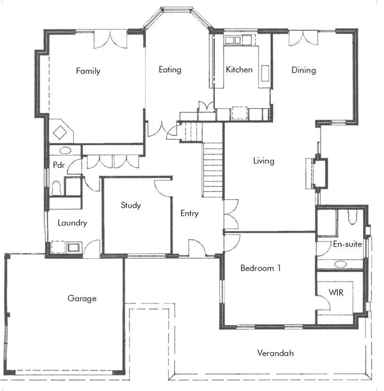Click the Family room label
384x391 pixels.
point(88,71)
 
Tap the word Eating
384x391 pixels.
point(170,70)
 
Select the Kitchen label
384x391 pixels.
point(239,70)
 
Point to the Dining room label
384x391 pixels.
point(304,70)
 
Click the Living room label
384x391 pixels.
point(264,161)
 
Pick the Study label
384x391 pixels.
point(131,205)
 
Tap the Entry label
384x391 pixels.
point(189,214)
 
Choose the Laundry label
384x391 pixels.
point(72,223)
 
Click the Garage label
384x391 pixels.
point(82,298)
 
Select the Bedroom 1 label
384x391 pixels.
point(260,268)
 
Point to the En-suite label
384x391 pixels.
point(347,244)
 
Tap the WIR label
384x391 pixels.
point(336,292)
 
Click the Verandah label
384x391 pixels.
point(275,353)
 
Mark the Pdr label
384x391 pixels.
point(59,164)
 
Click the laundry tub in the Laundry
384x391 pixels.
point(74,248)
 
